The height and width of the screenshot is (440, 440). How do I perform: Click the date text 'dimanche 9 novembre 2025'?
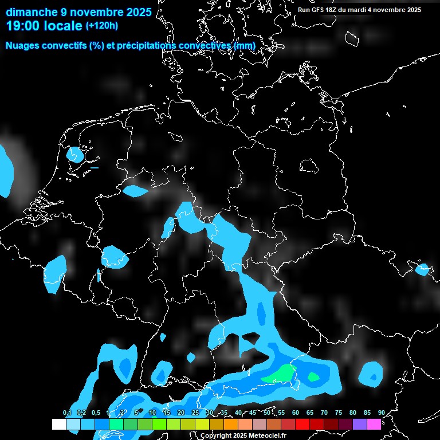(79, 11)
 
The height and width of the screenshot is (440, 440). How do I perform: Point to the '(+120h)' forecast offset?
(102, 26)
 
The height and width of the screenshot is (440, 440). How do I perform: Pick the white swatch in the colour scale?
(59, 424)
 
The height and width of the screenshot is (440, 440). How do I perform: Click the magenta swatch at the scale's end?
(374, 424)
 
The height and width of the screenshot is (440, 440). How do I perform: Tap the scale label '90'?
(381, 412)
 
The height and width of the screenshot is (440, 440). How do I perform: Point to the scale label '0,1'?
(66, 412)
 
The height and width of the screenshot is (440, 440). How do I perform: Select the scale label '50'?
(267, 412)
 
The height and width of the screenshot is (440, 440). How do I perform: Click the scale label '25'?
(195, 412)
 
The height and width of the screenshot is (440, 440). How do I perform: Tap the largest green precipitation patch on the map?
(277, 374)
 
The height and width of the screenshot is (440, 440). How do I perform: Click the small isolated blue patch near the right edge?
(422, 270)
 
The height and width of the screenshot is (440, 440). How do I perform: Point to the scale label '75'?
(338, 412)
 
